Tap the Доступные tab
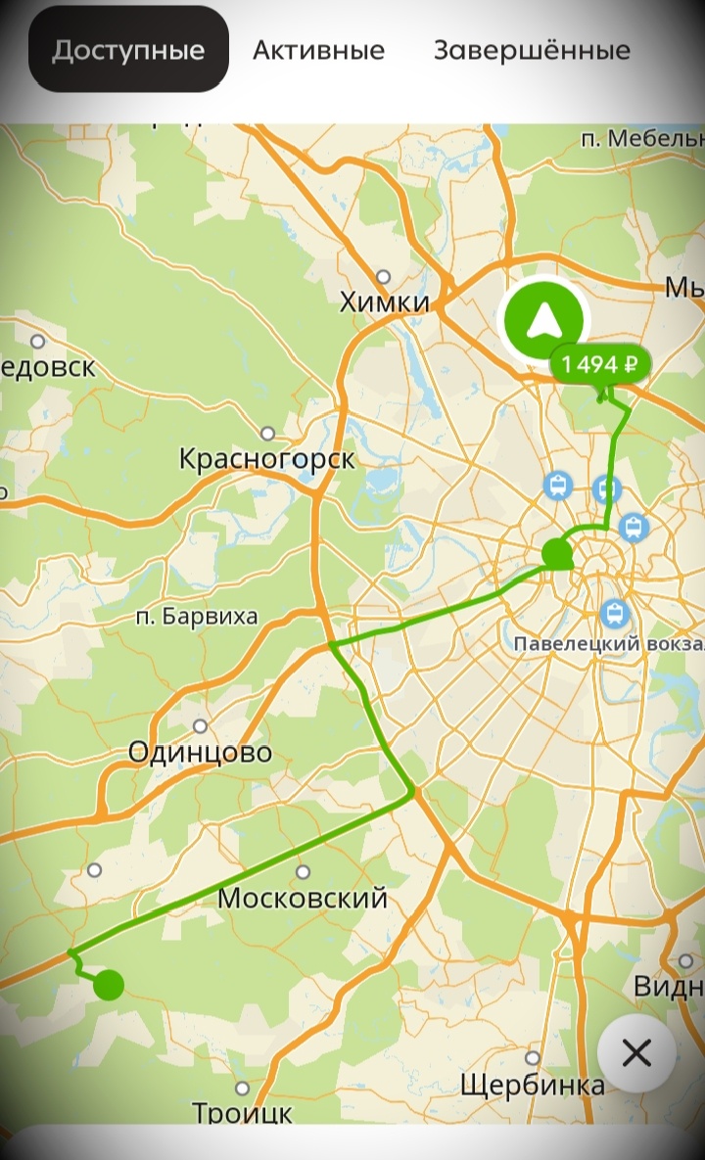128,50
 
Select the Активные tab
318,50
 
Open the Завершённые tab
532,50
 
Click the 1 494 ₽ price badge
601,365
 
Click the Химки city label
385,302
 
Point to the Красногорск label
267,458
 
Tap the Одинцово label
201,753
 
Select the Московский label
303,898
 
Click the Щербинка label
532,1085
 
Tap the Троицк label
242,1113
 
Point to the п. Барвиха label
197,617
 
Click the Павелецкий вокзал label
608,644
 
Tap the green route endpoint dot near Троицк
109,985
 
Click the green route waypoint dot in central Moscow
557,554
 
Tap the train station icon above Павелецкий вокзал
615,614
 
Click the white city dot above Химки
383,277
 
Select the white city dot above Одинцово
200,726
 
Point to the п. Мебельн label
641,139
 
